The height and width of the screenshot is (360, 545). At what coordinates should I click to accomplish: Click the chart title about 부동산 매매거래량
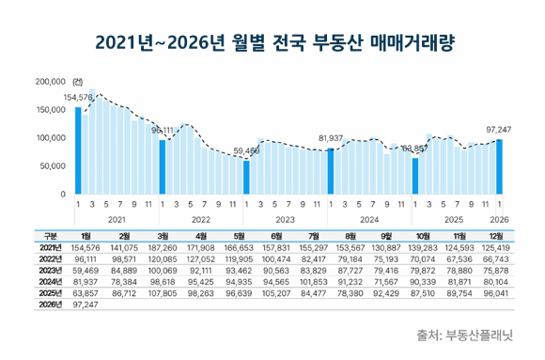(x=272, y=42)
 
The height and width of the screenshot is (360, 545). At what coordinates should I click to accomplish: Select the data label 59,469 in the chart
(x=246, y=150)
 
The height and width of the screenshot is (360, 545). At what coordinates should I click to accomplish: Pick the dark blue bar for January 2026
(x=499, y=166)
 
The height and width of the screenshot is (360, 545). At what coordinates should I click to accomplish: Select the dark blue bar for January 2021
(x=78, y=150)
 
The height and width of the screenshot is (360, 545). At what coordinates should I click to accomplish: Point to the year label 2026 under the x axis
(x=499, y=219)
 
